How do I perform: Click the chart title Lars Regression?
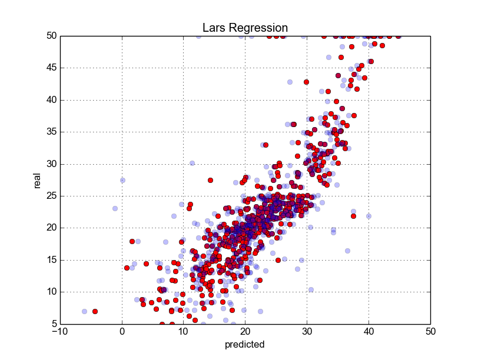pyautogui.click(x=245, y=28)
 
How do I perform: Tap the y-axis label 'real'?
pyautogui.click(x=37, y=180)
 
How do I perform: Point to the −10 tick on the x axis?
pyautogui.click(x=59, y=332)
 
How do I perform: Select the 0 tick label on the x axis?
pyautogui.click(x=122, y=332)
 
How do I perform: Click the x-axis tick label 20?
pyautogui.click(x=245, y=332)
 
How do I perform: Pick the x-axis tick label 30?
pyautogui.click(x=307, y=332)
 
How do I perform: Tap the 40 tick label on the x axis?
pyautogui.click(x=369, y=332)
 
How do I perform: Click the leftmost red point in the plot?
pyautogui.click(x=95, y=311)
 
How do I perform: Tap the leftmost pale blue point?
pyautogui.click(x=84, y=311)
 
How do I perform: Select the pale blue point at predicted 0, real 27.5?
pyautogui.click(x=122, y=181)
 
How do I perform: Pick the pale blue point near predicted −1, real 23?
pyautogui.click(x=115, y=208)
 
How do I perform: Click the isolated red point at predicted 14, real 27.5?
pyautogui.click(x=210, y=180)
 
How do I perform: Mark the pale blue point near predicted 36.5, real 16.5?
pyautogui.click(x=347, y=251)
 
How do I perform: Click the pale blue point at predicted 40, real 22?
pyautogui.click(x=369, y=216)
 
